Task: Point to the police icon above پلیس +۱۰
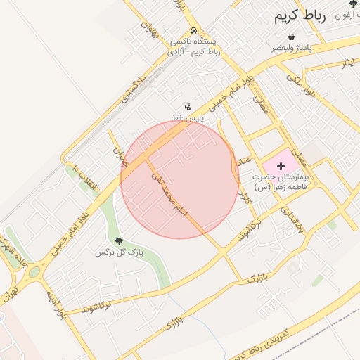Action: tap(188, 107)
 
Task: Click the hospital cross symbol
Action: tap(281, 166)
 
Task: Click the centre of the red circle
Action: tap(179, 179)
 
